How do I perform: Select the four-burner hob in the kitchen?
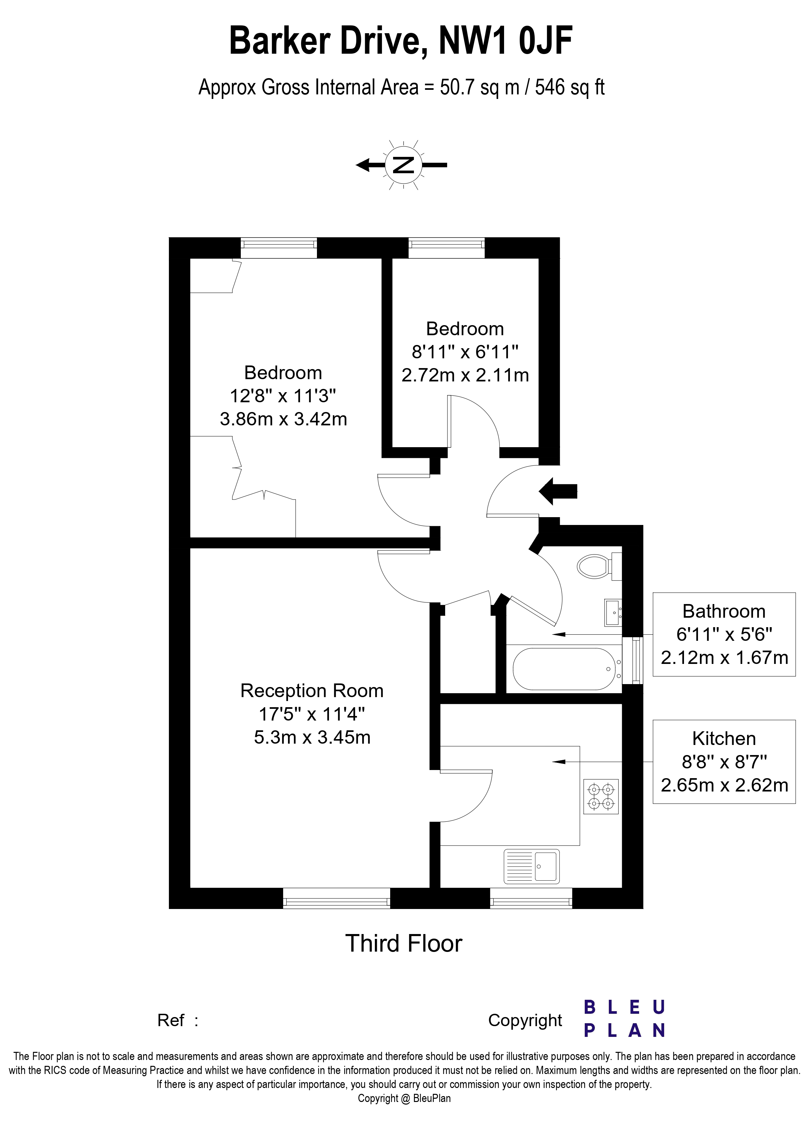coord(601,796)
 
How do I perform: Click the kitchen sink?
coord(531,866)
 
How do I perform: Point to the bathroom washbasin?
coord(613,612)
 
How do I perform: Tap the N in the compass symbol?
coord(403,165)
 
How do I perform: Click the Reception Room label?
coord(312,691)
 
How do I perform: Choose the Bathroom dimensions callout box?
coord(724,634)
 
